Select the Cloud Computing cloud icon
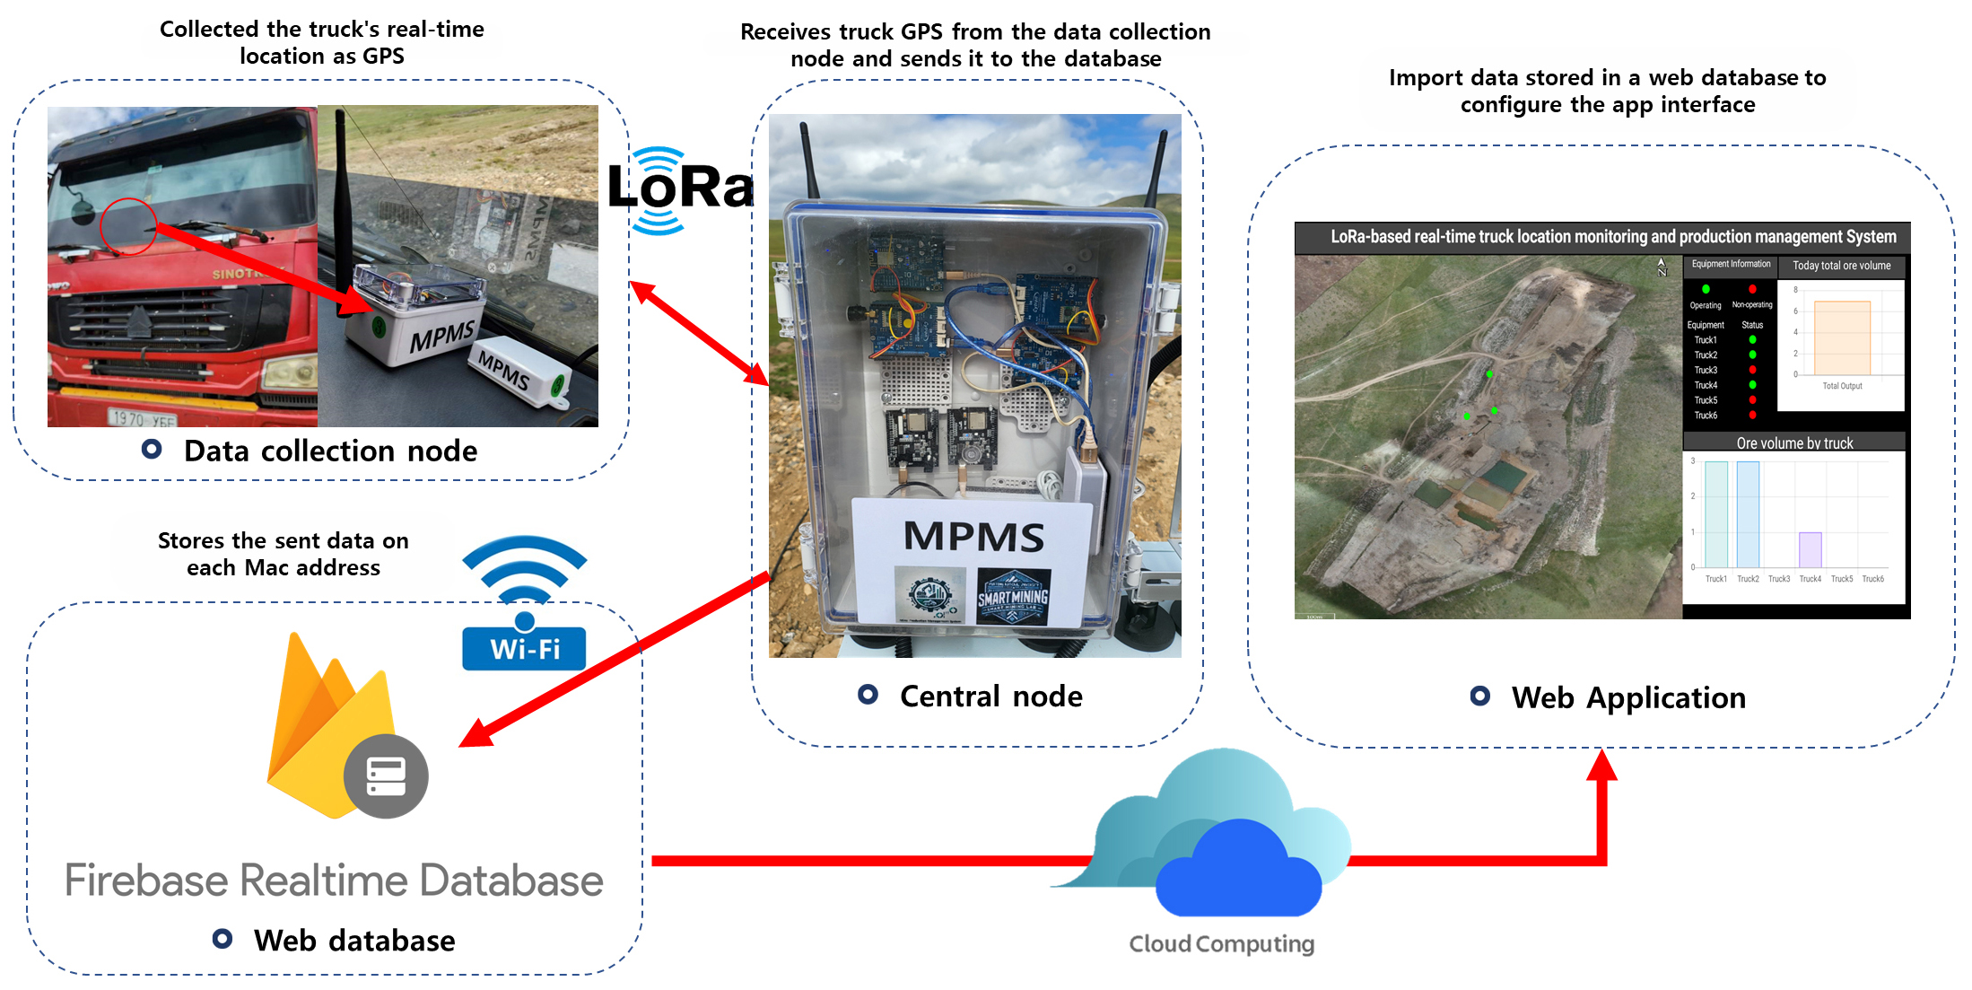coord(1220,835)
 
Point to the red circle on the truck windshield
coord(128,226)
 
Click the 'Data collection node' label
coord(330,451)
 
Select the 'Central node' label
coord(990,697)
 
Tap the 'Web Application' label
coord(1628,698)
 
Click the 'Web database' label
coord(354,941)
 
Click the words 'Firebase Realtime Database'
coord(334,880)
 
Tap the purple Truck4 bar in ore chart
coord(1810,549)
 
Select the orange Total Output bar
coord(1842,337)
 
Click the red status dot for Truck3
coord(1752,370)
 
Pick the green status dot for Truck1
coord(1752,340)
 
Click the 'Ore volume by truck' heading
coord(1794,442)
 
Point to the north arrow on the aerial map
coord(1662,267)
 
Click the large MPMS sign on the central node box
coord(973,537)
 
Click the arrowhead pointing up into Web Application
coord(1601,766)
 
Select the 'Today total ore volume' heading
coord(1841,266)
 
